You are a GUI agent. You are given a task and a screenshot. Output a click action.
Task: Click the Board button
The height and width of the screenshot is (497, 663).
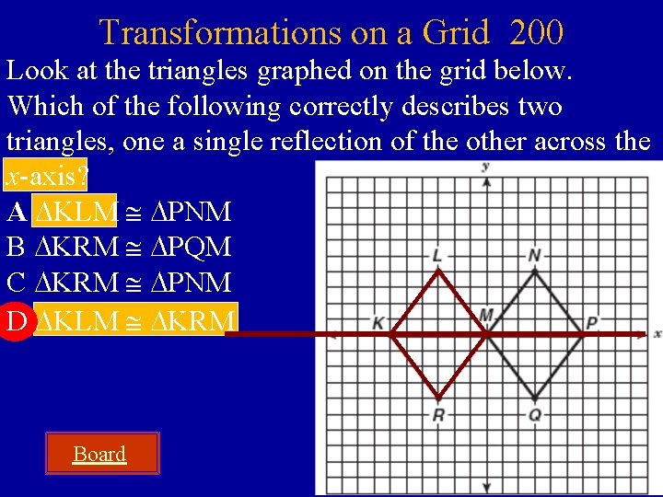[x=99, y=454]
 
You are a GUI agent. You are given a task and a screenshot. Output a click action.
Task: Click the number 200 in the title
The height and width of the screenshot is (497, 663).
[x=535, y=33]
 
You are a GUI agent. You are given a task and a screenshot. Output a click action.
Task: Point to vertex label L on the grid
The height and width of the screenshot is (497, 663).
[x=436, y=255]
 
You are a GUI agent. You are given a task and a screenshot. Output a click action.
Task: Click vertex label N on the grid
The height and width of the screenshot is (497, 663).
[x=535, y=255]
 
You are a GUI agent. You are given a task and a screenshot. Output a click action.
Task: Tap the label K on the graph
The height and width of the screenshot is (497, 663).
[x=378, y=323]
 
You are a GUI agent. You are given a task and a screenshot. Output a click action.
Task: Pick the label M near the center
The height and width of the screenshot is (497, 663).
[x=486, y=317]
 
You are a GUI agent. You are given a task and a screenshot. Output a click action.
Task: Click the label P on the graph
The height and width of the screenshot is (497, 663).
[x=592, y=323]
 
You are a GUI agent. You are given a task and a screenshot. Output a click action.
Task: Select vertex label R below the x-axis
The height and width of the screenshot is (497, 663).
[x=438, y=415]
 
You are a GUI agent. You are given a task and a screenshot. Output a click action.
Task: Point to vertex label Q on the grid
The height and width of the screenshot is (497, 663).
[x=535, y=415]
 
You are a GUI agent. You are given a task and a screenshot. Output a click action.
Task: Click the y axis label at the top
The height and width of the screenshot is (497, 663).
[x=484, y=167]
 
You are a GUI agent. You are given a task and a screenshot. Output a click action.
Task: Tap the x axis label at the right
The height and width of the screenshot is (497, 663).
[x=657, y=333]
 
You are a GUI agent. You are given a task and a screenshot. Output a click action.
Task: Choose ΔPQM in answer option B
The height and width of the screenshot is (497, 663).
[x=191, y=248]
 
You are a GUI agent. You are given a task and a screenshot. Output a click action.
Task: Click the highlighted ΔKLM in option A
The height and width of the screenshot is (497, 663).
[x=76, y=213]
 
